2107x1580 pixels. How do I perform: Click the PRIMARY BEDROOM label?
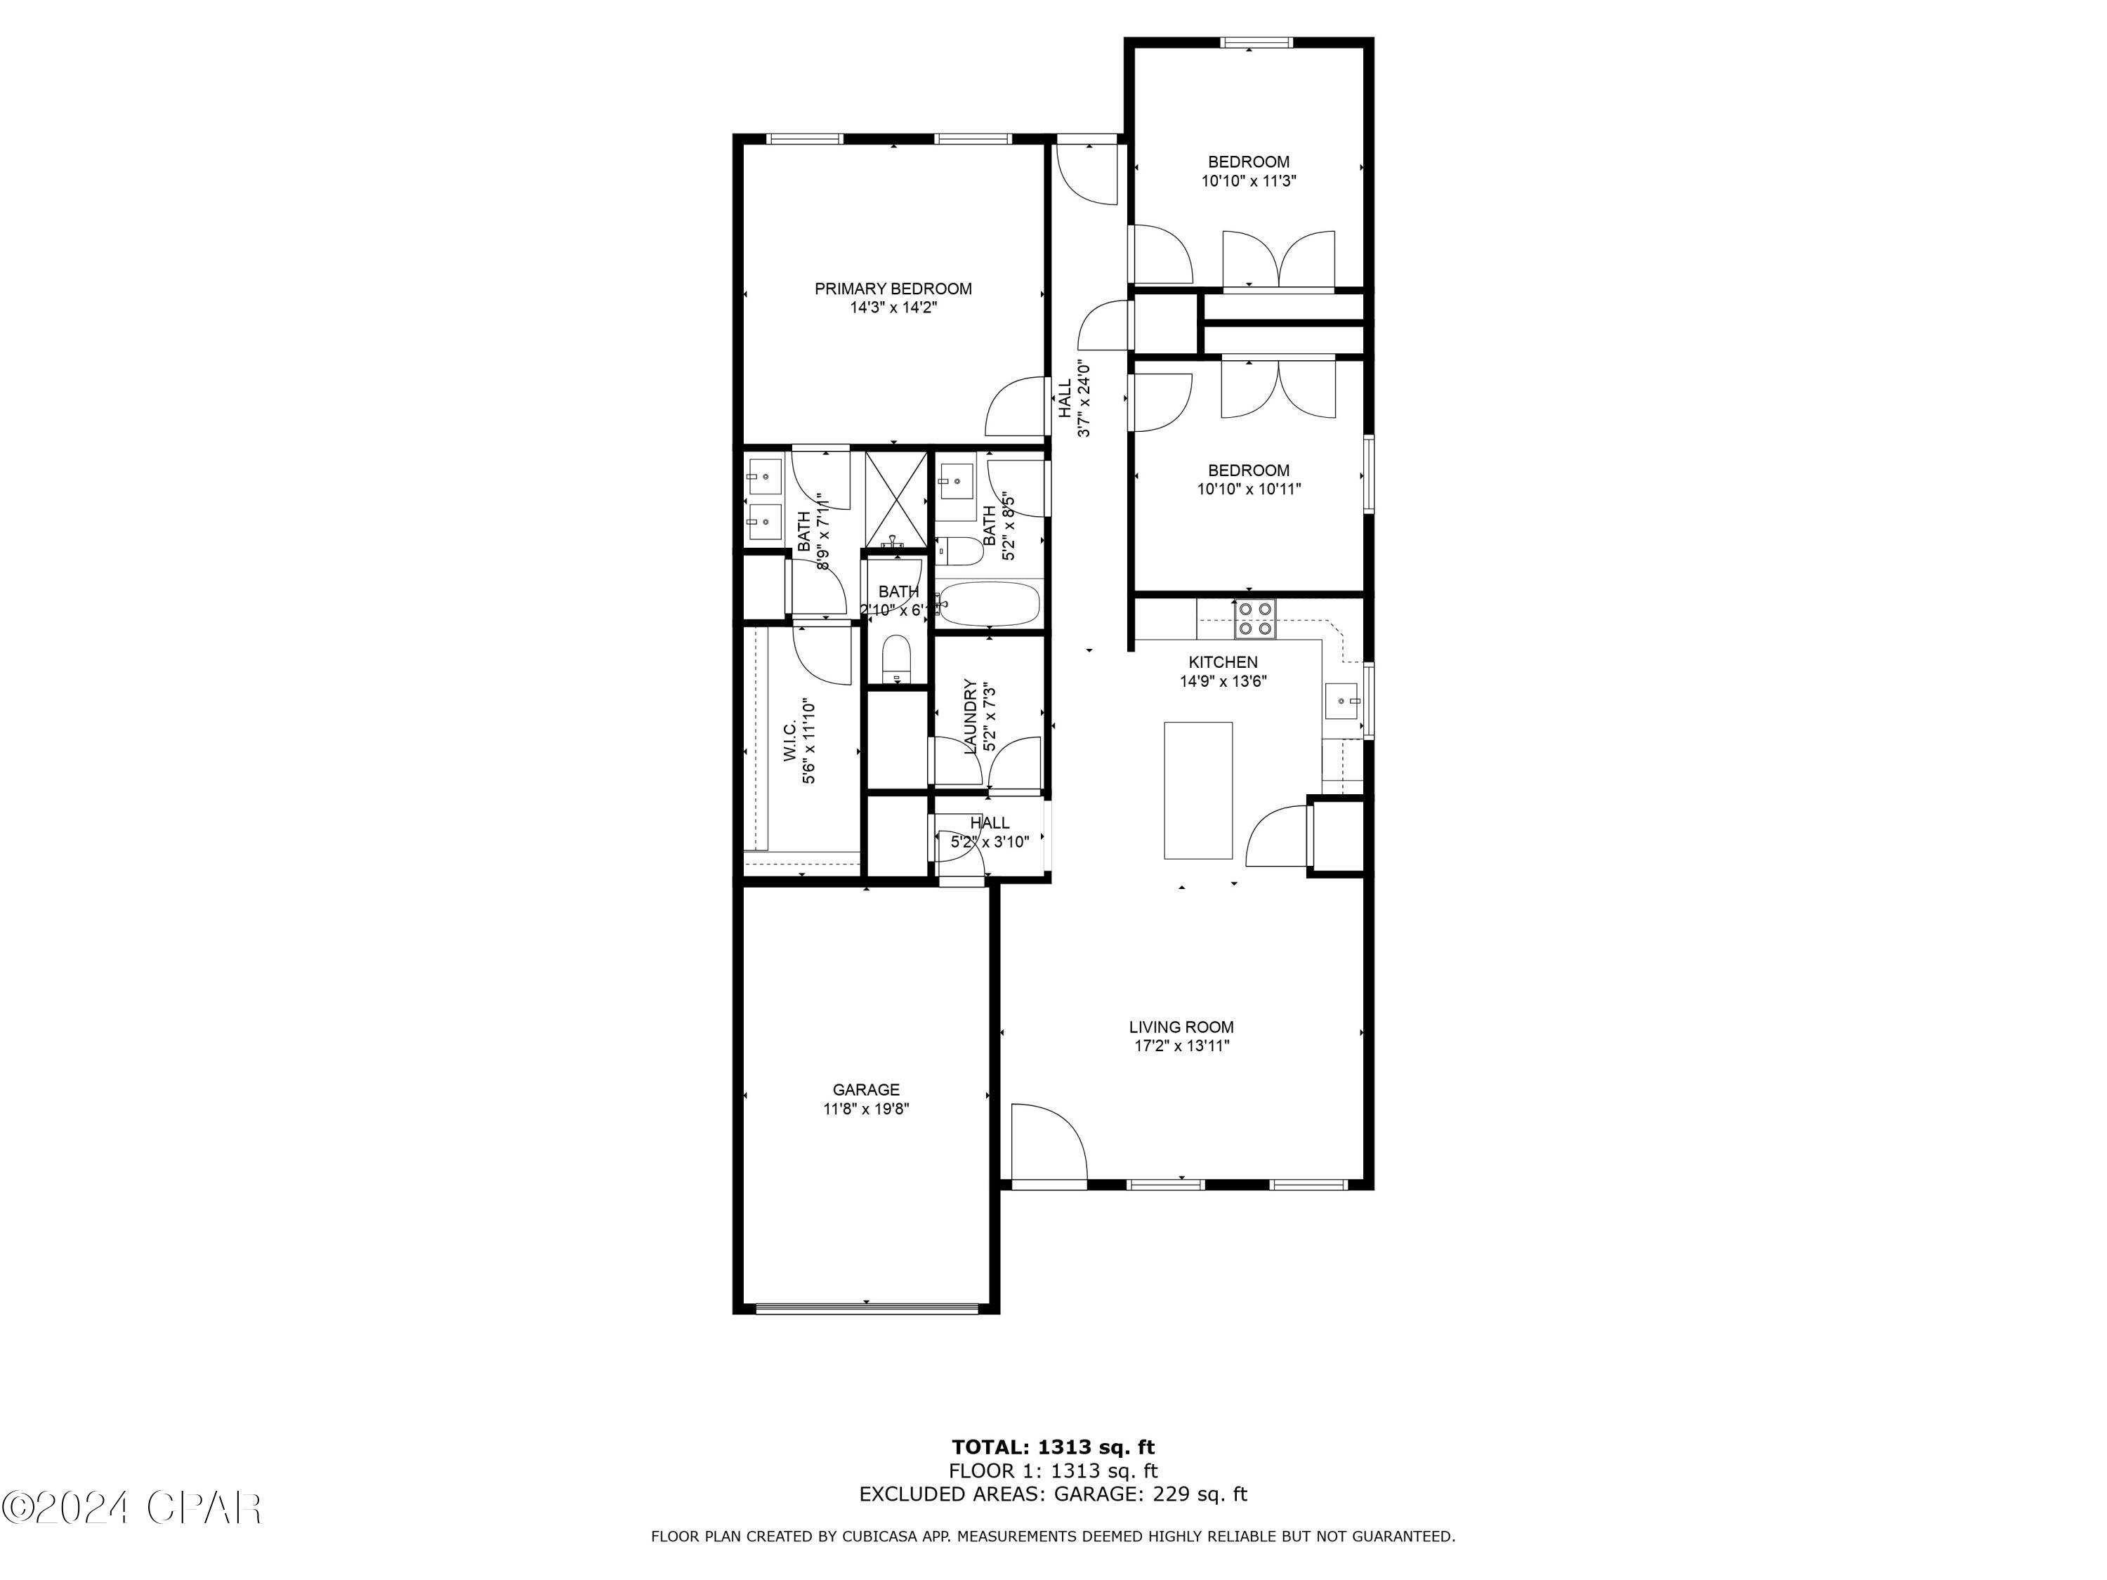(x=893, y=289)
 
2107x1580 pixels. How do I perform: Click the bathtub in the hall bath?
(x=990, y=604)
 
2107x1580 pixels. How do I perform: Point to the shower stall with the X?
(x=895, y=497)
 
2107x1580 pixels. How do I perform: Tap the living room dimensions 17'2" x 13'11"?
(x=1181, y=1046)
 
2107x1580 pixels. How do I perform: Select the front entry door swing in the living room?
(x=1048, y=1142)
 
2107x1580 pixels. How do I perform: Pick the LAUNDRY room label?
(x=971, y=716)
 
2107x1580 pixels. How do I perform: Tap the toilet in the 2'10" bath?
(x=896, y=659)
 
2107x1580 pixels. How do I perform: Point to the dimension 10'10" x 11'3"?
(x=1248, y=181)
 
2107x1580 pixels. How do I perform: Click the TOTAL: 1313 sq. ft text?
(x=1053, y=1447)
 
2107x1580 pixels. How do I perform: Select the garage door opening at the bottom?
(x=866, y=1308)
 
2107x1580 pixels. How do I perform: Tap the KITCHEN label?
(x=1222, y=662)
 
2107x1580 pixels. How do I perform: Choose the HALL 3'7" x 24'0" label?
(x=1073, y=398)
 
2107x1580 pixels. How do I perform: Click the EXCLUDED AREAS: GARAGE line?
(x=1053, y=1494)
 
